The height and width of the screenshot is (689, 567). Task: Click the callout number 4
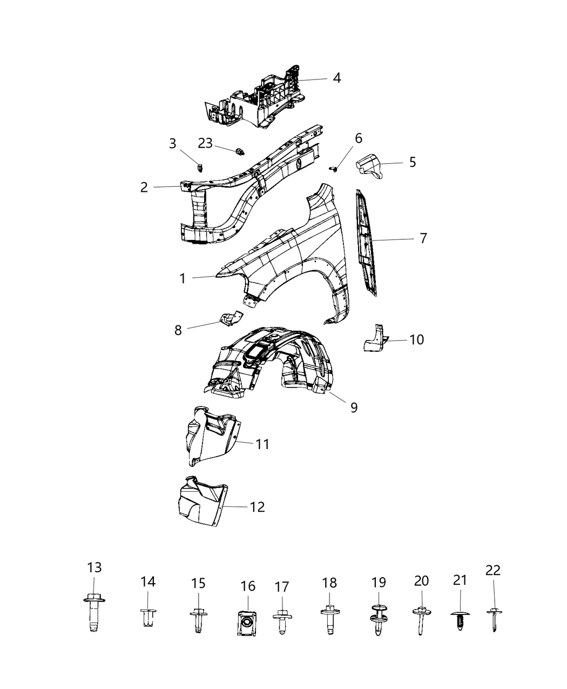point(337,78)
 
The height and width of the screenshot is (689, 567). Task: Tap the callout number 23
point(205,143)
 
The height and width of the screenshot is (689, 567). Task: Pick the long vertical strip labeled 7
point(366,243)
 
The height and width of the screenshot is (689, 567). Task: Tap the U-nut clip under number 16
point(247,624)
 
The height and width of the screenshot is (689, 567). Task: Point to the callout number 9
point(354,407)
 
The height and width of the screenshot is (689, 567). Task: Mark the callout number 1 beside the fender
point(183,279)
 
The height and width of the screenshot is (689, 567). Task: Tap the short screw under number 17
point(282,621)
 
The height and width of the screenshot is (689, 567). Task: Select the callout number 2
point(144,188)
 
